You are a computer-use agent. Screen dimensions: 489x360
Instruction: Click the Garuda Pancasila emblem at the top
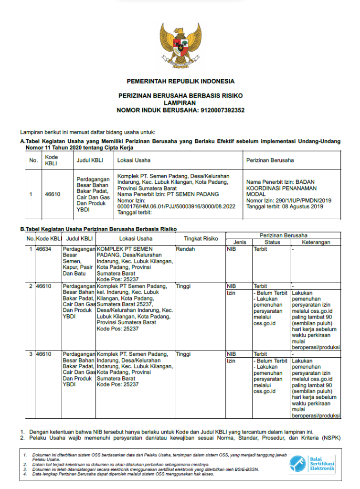180,45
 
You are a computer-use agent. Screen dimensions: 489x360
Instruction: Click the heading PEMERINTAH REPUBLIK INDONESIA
180,81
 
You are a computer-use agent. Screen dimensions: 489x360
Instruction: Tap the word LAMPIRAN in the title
180,103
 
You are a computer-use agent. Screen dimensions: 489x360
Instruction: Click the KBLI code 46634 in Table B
43,249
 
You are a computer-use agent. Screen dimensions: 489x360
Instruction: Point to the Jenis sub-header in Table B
240,242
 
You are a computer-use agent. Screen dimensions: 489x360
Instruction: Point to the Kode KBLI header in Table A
51,160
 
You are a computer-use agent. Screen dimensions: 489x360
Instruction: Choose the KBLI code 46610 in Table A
53,194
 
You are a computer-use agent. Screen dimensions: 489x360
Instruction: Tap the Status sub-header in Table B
272,242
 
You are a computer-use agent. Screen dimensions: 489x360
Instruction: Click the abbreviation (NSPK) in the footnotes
330,438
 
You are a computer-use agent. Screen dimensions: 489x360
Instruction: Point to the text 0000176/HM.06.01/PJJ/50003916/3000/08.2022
176,206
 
